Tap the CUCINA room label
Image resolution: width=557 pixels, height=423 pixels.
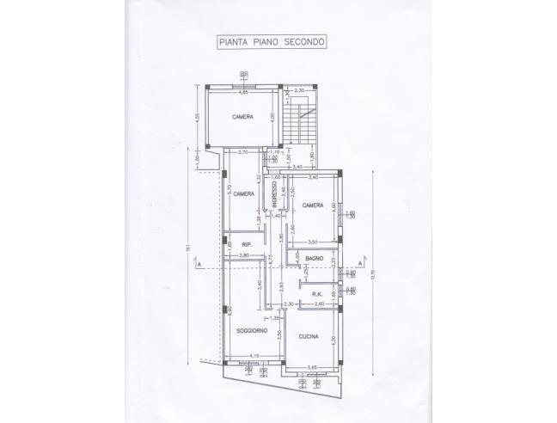(x=308, y=336)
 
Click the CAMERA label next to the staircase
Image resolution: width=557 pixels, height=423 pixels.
(x=242, y=117)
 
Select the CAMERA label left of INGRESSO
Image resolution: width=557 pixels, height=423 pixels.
(x=243, y=194)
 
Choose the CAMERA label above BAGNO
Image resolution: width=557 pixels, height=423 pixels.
(x=312, y=205)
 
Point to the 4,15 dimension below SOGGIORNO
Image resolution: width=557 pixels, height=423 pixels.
(x=254, y=357)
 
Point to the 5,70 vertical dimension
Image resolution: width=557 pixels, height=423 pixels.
(x=228, y=193)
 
